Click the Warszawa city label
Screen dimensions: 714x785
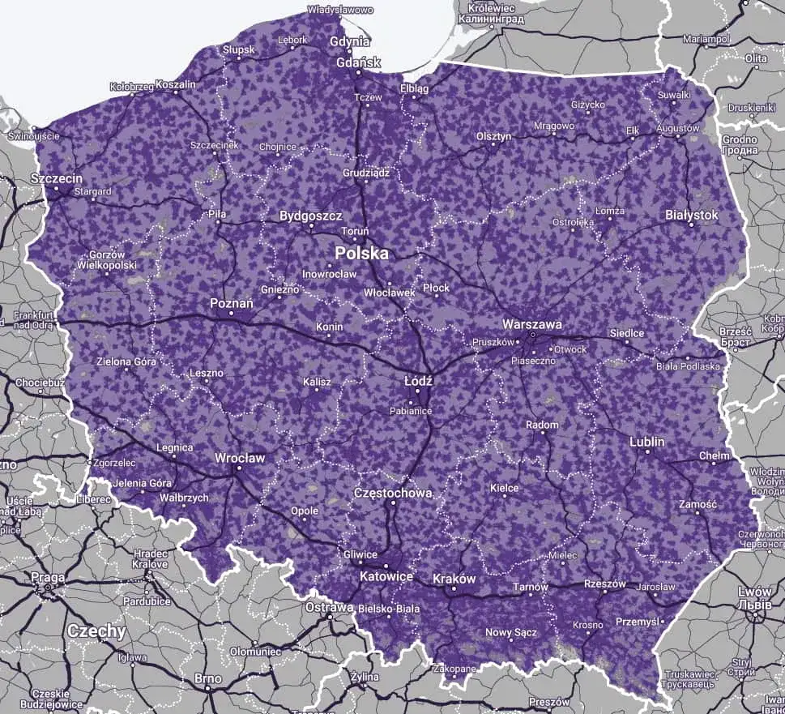click(x=532, y=323)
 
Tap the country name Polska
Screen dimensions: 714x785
click(x=362, y=254)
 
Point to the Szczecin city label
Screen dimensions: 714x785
click(x=56, y=177)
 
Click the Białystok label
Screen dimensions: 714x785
click(x=691, y=215)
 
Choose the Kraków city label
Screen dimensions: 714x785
click(x=454, y=579)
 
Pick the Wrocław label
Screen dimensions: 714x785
click(x=240, y=458)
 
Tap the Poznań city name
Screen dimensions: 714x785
click(x=232, y=302)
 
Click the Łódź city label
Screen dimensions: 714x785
click(x=419, y=380)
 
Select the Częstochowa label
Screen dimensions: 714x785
click(x=394, y=493)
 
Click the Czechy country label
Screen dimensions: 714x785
click(x=96, y=631)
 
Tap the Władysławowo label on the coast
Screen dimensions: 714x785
click(x=340, y=11)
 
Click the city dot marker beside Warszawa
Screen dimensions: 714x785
click(x=533, y=334)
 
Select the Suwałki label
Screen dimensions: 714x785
click(x=675, y=95)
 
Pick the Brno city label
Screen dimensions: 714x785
click(x=207, y=678)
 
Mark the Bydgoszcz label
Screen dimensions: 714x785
click(x=311, y=216)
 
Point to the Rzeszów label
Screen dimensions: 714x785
click(x=604, y=584)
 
